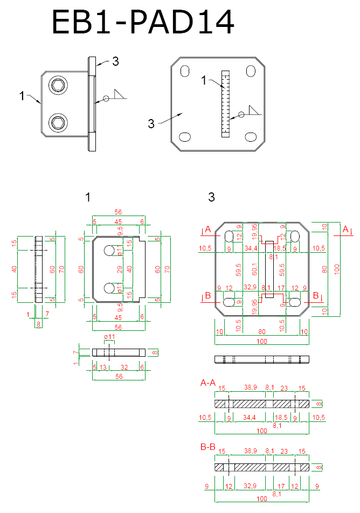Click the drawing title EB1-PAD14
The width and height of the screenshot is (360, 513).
tap(143, 23)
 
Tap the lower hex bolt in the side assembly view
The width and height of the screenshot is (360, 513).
tap(58, 123)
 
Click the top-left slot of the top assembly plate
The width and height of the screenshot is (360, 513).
tap(185, 71)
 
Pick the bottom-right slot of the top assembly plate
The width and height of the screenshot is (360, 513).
tap(251, 136)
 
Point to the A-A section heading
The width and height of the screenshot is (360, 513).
tap(208, 383)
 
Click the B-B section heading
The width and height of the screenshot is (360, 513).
tap(208, 446)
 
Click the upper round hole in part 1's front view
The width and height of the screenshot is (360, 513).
tap(109, 250)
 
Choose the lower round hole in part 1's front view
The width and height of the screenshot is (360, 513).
tap(109, 287)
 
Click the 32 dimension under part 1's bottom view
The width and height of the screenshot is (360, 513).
tap(124, 367)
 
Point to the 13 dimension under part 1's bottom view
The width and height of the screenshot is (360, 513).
tap(103, 367)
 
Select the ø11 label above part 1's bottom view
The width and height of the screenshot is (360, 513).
tap(109, 337)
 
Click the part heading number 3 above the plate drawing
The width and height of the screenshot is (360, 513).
tap(211, 198)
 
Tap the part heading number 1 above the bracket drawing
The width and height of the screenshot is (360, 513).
tap(88, 198)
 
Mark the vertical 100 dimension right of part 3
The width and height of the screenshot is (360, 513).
tap(337, 268)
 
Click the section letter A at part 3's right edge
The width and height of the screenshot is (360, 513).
tap(345, 229)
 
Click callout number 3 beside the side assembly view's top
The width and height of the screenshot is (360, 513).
tap(115, 61)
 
